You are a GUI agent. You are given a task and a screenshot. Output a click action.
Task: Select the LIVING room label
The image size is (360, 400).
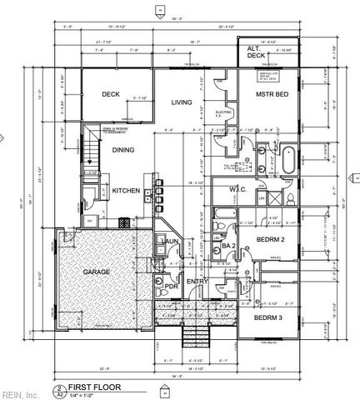[182, 102]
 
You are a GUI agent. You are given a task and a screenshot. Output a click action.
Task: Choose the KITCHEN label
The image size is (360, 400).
[126, 191]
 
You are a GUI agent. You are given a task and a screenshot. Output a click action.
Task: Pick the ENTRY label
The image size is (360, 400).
[197, 281]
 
